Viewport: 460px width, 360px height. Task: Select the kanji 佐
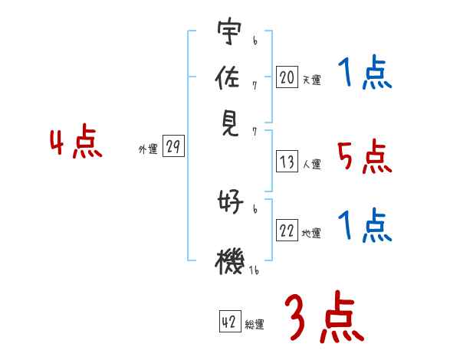tap(229, 77)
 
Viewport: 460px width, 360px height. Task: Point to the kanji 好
tap(229, 203)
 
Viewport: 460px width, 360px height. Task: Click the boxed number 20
tap(287, 77)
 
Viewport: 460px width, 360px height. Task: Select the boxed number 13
tap(287, 162)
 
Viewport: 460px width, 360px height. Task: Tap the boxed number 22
tap(287, 231)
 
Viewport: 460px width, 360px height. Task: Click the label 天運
tap(311, 80)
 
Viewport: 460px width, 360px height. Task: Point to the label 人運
tap(311, 164)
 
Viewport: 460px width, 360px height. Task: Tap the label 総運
tap(255, 325)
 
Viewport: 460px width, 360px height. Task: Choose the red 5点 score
tap(364, 157)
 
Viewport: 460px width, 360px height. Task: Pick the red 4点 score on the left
tap(76, 144)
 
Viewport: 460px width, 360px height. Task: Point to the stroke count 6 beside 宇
tap(255, 37)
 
